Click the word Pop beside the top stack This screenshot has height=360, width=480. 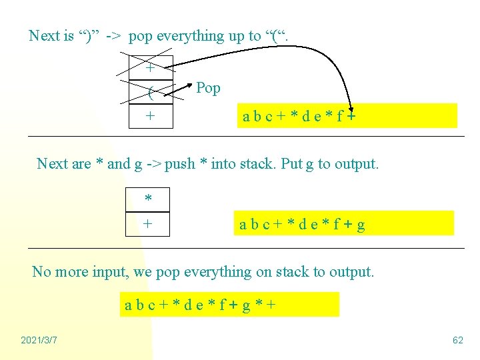[208, 88]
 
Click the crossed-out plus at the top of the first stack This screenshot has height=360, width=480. [150, 68]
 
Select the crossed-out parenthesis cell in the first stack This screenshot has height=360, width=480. [150, 92]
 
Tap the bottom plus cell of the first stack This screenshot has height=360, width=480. [150, 115]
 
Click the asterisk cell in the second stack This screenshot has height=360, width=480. [148, 199]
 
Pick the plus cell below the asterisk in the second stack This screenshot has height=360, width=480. [148, 224]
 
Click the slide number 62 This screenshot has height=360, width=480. [457, 341]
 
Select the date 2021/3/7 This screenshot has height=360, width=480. [39, 341]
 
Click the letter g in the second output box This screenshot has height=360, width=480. [361, 225]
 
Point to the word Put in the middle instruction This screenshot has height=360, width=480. [273, 164]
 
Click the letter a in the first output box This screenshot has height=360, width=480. [247, 117]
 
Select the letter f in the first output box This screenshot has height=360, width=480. [339, 117]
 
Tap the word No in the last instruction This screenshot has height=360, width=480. [41, 272]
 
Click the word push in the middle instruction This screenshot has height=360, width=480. [181, 164]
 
